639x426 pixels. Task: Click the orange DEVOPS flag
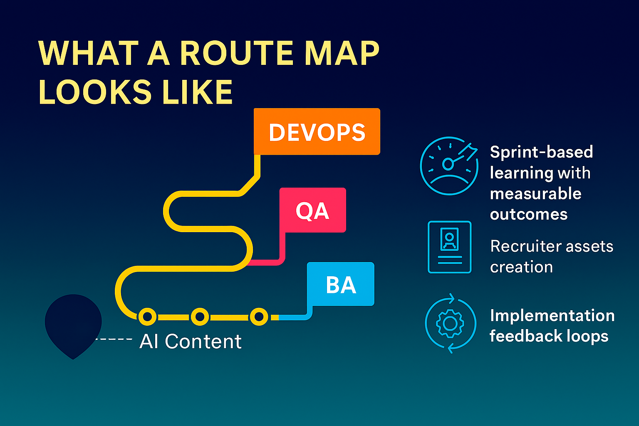(317, 132)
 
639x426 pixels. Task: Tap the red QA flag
(312, 210)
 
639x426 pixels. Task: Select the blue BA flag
(341, 285)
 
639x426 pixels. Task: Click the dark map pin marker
(73, 322)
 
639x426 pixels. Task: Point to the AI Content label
(191, 342)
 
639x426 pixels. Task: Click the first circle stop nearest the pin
(147, 317)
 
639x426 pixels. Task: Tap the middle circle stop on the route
(200, 317)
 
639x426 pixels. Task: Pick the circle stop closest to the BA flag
(259, 317)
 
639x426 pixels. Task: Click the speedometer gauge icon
(449, 165)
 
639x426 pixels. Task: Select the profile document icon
(449, 247)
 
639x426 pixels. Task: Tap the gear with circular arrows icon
(450, 323)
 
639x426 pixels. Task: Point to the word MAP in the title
(342, 54)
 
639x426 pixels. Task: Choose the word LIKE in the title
(197, 92)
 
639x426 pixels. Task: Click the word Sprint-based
(541, 152)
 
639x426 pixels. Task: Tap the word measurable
(535, 194)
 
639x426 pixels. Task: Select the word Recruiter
(522, 246)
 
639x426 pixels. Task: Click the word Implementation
(552, 316)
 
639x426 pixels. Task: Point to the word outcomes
(528, 215)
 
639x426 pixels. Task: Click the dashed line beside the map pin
(114, 339)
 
